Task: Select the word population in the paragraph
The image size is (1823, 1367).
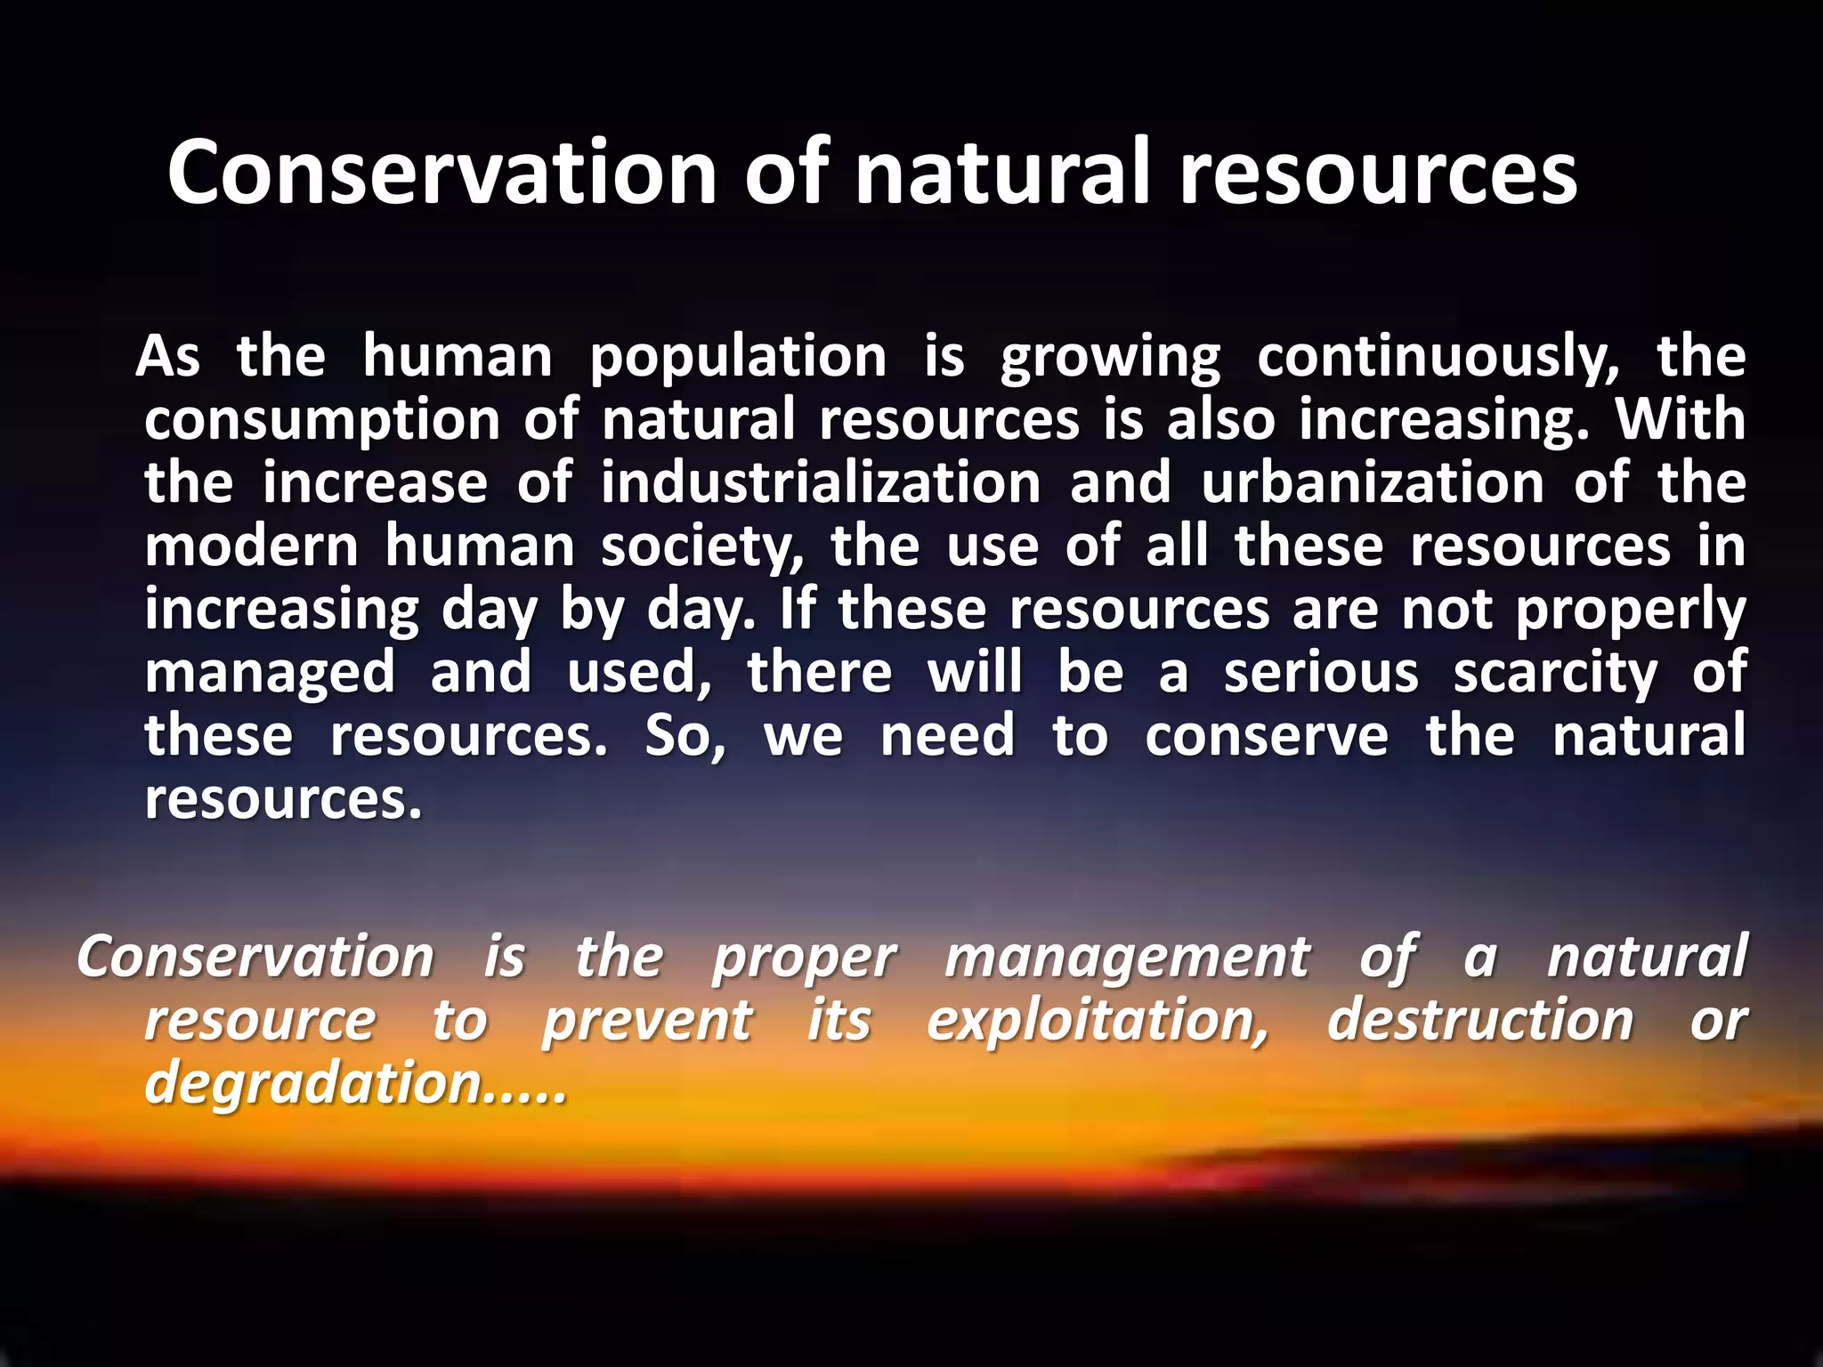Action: (738, 358)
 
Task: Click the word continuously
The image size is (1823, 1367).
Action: (1438, 358)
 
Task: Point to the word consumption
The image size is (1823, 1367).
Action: (322, 421)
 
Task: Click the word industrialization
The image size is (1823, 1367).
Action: (820, 484)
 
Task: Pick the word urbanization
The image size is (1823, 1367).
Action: (1372, 484)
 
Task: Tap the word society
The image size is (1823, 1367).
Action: (702, 547)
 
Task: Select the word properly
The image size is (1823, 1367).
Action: (1630, 611)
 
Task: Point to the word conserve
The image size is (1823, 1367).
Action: (1266, 737)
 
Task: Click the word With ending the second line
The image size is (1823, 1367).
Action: (1681, 420)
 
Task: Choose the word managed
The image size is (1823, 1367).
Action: (270, 674)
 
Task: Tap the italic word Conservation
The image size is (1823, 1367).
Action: (255, 958)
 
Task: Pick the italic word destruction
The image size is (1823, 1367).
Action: (1479, 1021)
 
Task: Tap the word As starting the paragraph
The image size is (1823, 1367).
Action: (168, 358)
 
